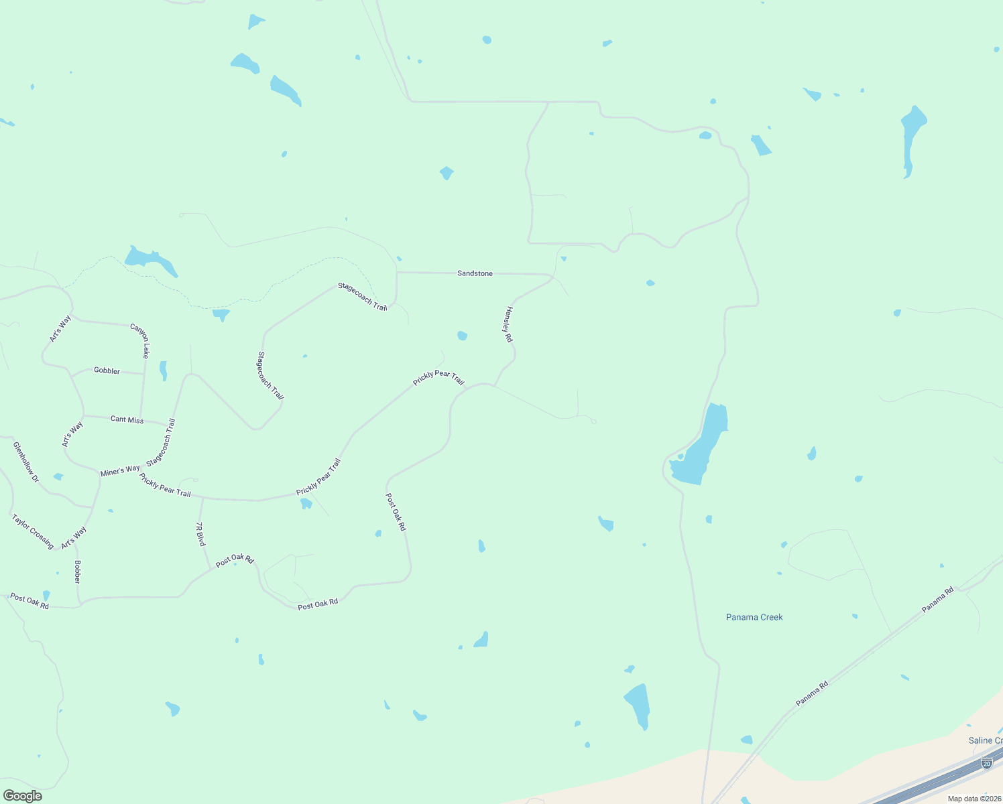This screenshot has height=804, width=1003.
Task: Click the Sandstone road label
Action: pos(475,273)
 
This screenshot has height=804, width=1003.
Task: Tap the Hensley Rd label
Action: pos(509,324)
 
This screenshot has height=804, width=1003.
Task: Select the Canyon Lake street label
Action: pos(139,341)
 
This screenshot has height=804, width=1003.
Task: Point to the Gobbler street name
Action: pos(107,371)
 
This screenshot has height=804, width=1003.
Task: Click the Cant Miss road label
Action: pos(127,419)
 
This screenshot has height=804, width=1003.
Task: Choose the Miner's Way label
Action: pos(120,471)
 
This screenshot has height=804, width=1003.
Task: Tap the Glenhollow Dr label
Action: pos(26,462)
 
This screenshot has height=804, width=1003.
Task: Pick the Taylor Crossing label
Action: pos(33,531)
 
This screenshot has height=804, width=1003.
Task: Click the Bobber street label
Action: pos(77,572)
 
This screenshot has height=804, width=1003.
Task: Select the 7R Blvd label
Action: pos(200,534)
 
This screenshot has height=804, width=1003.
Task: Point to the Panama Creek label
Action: pos(754,617)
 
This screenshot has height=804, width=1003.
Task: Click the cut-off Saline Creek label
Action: pos(985,740)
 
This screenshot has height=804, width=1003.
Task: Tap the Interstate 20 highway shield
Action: pos(986,762)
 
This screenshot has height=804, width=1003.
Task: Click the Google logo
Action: pos(23,796)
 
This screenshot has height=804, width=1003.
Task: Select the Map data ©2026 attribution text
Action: pos(973,799)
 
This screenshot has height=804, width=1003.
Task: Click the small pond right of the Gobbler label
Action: pos(163,370)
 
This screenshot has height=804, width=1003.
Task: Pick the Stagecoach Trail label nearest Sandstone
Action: pos(363,297)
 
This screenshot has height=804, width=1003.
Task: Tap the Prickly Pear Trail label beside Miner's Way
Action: pos(165,485)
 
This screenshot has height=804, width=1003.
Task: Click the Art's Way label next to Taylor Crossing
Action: pos(74,537)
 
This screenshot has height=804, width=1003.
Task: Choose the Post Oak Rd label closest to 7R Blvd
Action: pos(235,560)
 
